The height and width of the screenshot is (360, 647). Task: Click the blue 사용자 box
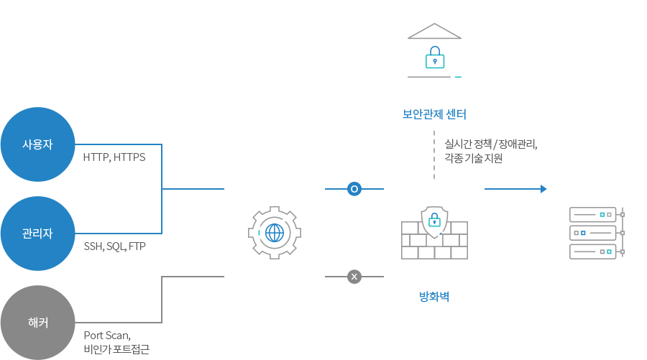(37, 144)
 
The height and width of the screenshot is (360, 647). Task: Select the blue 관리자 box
(37, 233)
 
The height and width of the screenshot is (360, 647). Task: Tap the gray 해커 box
(37, 322)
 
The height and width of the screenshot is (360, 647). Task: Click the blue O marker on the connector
(354, 188)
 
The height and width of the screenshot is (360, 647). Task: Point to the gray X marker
(354, 276)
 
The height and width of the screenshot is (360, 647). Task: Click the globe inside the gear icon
(275, 233)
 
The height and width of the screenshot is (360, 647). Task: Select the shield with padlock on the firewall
(434, 221)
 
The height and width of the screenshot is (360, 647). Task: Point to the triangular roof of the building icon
(434, 31)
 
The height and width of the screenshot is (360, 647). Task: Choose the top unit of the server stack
(593, 214)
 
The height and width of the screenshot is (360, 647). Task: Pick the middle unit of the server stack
(593, 233)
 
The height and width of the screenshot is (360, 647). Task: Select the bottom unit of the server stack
(593, 251)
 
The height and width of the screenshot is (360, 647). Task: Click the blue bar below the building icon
(434, 114)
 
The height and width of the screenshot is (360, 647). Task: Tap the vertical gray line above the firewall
(434, 154)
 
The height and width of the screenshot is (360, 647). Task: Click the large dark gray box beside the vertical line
(490, 151)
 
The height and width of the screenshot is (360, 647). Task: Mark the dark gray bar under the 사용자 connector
(114, 158)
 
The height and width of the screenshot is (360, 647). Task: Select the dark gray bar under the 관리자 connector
(115, 247)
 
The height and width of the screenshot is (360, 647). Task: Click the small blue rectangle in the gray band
(434, 297)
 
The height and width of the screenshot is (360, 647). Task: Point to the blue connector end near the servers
(542, 189)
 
